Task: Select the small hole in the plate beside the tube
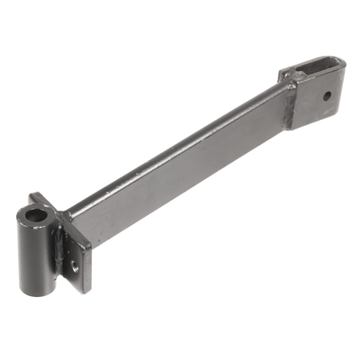[x=73, y=264]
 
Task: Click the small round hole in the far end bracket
[x=327, y=94]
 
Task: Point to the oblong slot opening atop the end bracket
[x=310, y=67]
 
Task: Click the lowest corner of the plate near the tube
[x=83, y=290]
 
